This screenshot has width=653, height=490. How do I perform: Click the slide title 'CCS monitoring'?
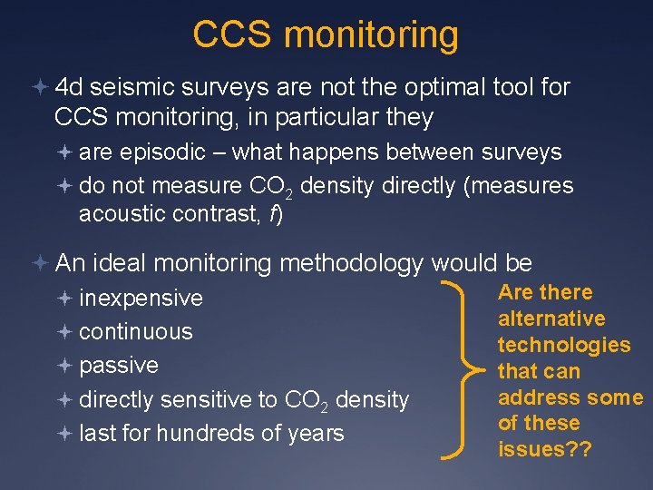pos(326,34)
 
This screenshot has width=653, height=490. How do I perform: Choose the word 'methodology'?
pos(352,263)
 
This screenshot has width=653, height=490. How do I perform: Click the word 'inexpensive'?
pos(141,298)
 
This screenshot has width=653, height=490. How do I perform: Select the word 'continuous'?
pos(136,331)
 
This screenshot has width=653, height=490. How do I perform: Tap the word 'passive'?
pos(119,365)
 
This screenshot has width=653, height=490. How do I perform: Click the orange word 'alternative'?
pos(551,318)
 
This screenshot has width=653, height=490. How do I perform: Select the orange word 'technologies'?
pos(564,345)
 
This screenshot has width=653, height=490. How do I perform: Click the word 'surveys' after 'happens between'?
pos(523,152)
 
